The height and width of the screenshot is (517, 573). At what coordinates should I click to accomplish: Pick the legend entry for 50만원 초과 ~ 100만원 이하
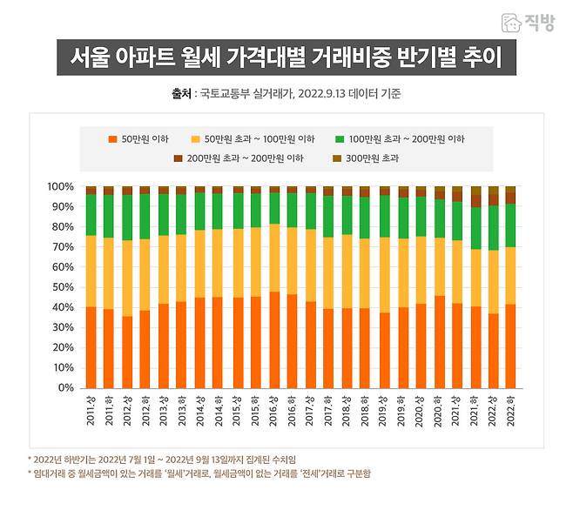(253, 139)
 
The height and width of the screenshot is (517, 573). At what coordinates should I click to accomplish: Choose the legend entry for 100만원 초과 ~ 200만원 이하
(400, 139)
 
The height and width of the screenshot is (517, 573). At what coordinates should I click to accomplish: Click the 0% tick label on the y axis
(66, 388)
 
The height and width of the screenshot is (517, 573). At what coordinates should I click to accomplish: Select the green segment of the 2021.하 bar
(475, 229)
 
